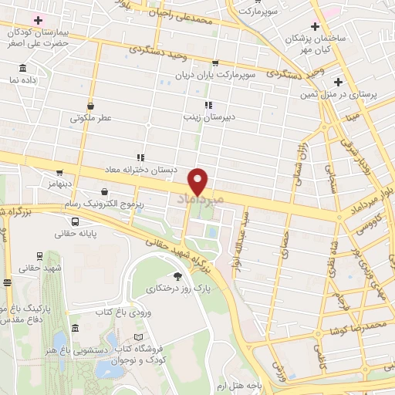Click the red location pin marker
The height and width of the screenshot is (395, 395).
[x=198, y=182]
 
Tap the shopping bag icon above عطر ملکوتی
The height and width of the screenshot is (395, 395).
[x=91, y=106]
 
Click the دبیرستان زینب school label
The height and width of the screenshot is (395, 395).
[x=207, y=118]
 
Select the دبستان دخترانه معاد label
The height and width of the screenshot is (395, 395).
[x=140, y=169]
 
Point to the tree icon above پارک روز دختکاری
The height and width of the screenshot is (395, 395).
[x=178, y=275]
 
